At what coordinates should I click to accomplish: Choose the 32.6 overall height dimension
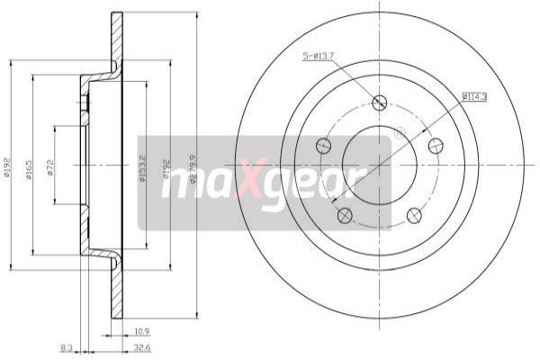coord(141,346)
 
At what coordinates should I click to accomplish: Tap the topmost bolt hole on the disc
coord(379,103)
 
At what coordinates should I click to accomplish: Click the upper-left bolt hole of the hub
coord(323,145)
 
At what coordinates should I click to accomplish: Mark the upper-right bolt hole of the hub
coord(436,145)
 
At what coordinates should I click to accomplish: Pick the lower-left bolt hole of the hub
coord(344,214)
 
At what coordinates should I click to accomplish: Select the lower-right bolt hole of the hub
coord(414,214)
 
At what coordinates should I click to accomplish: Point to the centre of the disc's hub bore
coord(379,164)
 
